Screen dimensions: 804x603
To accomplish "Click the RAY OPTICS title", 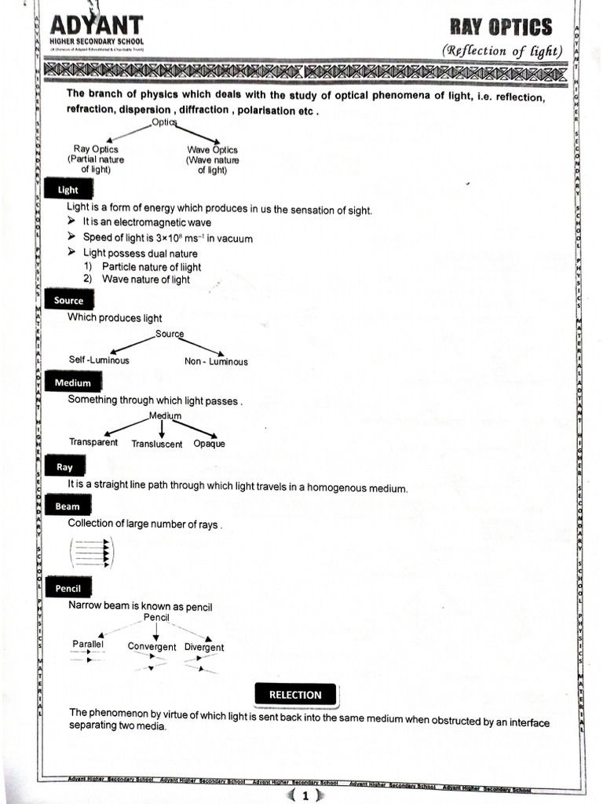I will tap(500, 27).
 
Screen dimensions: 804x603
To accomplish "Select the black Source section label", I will tap(68, 301).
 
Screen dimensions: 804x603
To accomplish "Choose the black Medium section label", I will tap(72, 383).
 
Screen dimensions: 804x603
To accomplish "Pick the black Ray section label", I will tap(64, 467).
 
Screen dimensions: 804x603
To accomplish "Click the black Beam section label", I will tap(68, 507).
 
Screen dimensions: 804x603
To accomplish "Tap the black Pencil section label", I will tap(68, 588).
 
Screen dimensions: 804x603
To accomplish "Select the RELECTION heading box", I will tap(295, 695).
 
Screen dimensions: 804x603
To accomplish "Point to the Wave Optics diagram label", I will tap(212, 149).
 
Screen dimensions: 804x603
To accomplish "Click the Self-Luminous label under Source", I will tap(99, 360).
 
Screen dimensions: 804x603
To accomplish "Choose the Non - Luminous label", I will tap(216, 362).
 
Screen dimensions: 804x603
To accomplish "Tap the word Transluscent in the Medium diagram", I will tap(157, 444).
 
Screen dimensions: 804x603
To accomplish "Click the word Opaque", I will tap(209, 444).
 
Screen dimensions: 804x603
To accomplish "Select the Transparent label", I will tap(93, 442).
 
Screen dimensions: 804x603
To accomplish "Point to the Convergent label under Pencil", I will tap(152, 647).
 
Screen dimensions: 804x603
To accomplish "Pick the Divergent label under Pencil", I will tap(204, 648).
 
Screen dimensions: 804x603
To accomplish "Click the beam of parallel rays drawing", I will tap(93, 552).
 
